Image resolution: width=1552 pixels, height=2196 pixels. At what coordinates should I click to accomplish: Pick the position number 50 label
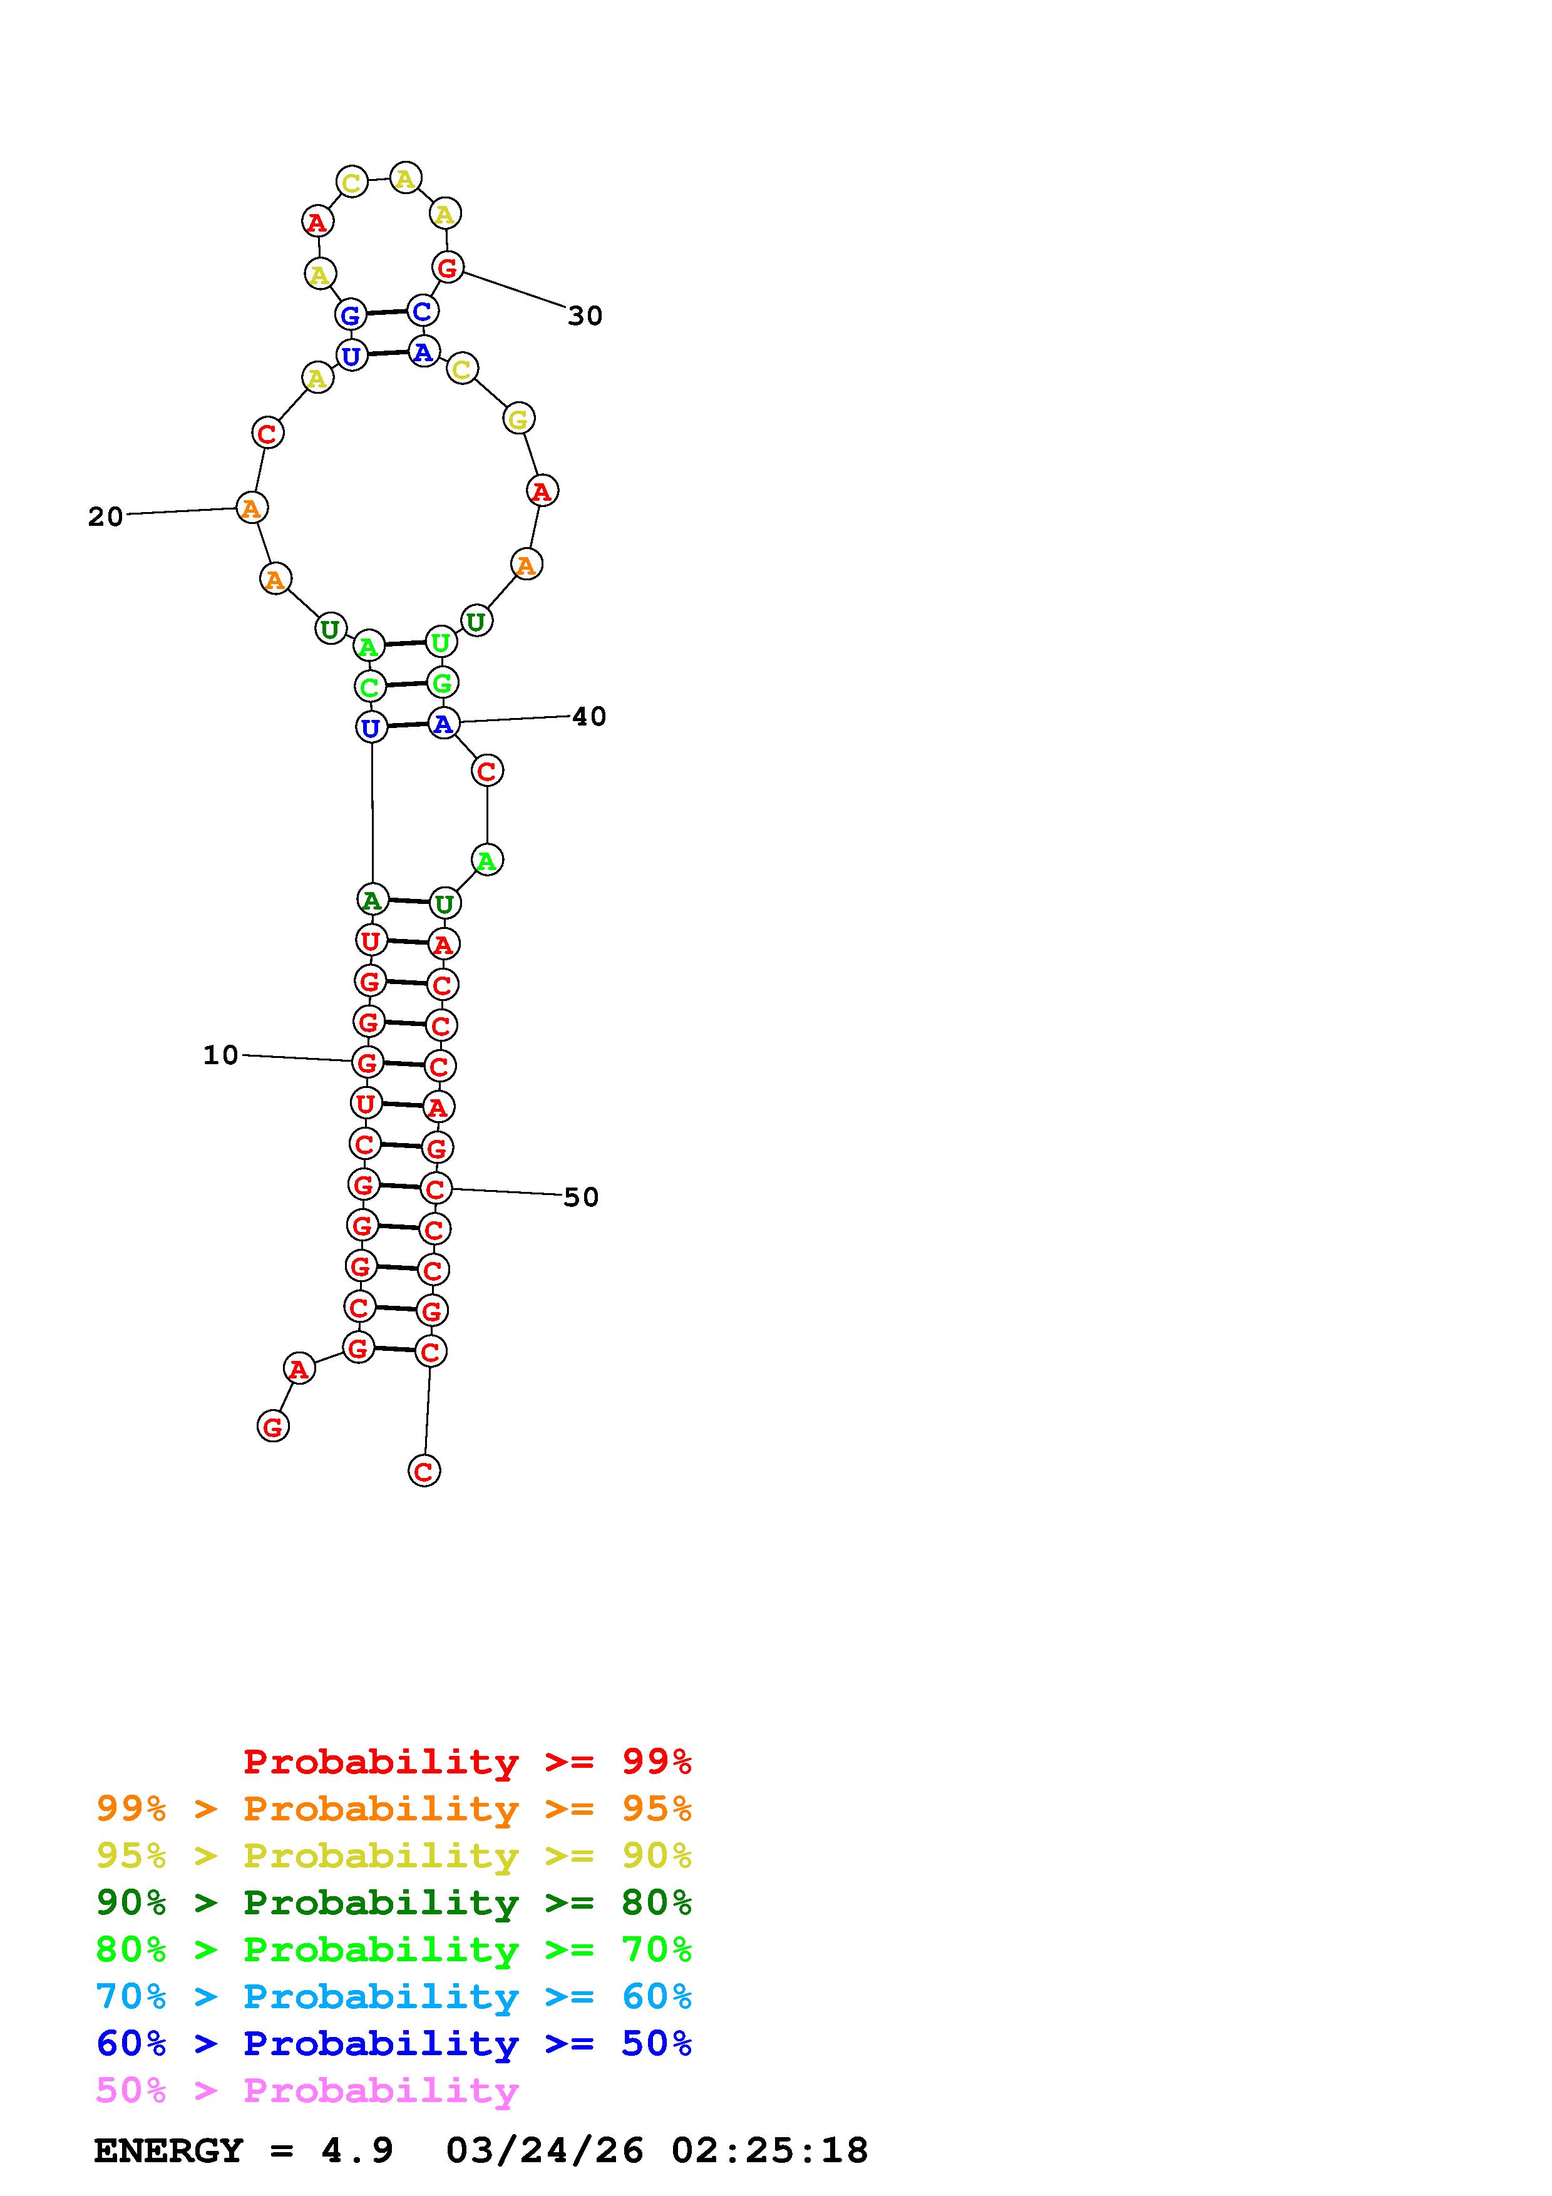click(582, 1198)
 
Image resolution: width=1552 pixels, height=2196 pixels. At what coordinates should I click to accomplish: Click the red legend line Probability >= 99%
click(468, 1761)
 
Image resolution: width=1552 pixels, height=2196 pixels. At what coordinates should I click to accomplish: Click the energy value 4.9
click(357, 2150)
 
